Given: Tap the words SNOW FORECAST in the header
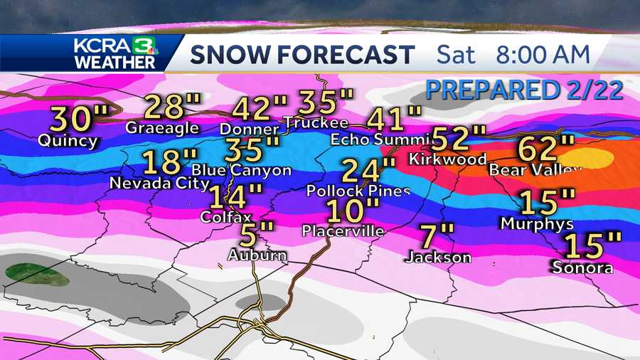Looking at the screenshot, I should pyautogui.click(x=302, y=54).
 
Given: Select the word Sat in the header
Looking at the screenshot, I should pyautogui.click(x=457, y=54).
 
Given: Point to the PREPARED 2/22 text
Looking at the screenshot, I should pyautogui.click(x=523, y=90).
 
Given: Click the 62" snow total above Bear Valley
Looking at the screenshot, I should pyautogui.click(x=546, y=149).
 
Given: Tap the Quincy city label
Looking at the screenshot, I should pyautogui.click(x=69, y=141).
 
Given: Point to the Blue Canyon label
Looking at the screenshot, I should pyautogui.click(x=242, y=170).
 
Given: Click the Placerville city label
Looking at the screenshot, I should pyautogui.click(x=343, y=231).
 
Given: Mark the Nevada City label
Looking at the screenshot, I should pyautogui.click(x=159, y=184).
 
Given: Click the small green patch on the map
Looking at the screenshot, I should pyautogui.click(x=37, y=275).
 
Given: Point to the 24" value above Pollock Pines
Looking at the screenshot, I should pyautogui.click(x=368, y=171).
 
